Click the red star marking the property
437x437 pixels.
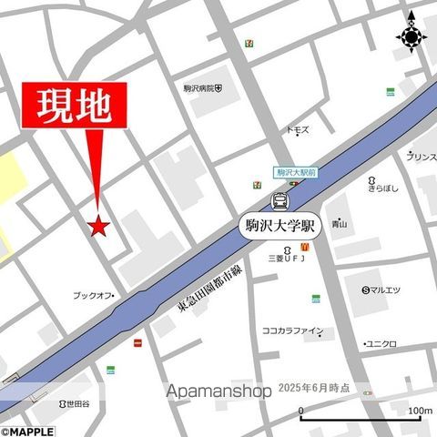pos(98,225)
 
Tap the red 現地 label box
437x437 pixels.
pos(75,107)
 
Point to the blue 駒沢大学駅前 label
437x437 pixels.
pos(295,171)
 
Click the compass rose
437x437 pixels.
pos(412,36)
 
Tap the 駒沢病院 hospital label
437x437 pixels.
pos(202,88)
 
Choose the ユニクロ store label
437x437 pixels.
pos(381,343)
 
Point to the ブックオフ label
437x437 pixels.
pos(92,295)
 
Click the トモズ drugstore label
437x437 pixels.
pos(298,130)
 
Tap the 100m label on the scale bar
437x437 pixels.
pos(419,411)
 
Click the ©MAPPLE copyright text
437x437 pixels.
pos(27,431)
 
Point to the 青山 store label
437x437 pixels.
pos(340,223)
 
